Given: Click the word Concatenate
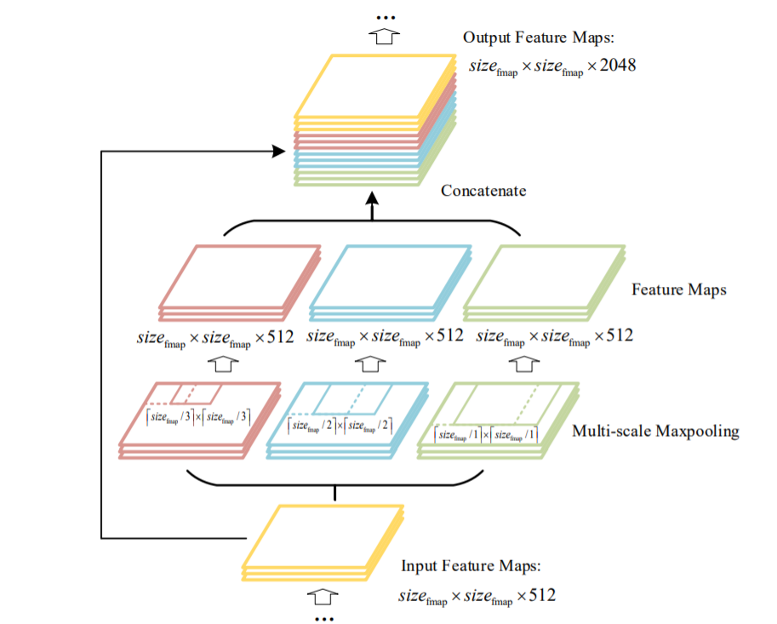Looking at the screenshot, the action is (x=483, y=191).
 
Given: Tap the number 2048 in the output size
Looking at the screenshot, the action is (x=618, y=65).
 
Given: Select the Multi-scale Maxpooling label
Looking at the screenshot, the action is (x=655, y=432).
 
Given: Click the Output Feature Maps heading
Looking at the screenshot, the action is (x=538, y=37).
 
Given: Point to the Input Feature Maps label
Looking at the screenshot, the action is (x=471, y=566).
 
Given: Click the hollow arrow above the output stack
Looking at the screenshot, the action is (x=384, y=37).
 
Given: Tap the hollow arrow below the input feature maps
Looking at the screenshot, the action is (x=323, y=597).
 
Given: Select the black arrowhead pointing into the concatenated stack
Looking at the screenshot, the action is (x=279, y=152).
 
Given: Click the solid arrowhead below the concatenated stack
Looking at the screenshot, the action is (x=372, y=198).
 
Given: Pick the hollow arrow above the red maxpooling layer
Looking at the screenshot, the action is (x=223, y=364).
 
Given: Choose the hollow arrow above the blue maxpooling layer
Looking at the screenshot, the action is (x=370, y=364).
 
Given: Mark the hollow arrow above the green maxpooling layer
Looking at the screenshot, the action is (x=524, y=364).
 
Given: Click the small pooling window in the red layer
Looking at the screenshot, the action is (x=196, y=393).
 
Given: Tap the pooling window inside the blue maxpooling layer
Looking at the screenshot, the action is (x=352, y=399).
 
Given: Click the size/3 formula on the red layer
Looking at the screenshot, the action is (x=198, y=417).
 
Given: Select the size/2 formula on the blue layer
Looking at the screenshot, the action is (x=340, y=426).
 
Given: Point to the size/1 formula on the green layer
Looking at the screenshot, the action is (x=486, y=435).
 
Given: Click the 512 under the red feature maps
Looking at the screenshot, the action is (x=281, y=337).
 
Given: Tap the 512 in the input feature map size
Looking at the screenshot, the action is (x=542, y=595).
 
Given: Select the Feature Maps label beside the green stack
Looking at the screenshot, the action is (x=679, y=289).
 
